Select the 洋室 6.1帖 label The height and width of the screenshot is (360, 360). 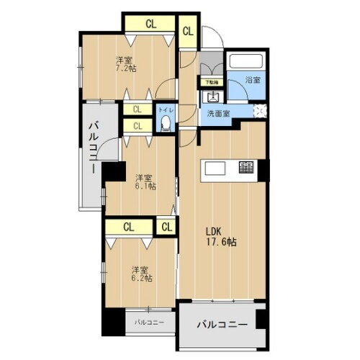pyautogui.click(x=143, y=181)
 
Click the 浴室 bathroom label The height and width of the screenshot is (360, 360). pyautogui.click(x=252, y=80)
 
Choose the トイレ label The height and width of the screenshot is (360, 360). pyautogui.click(x=165, y=110)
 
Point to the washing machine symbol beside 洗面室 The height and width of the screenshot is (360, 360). pyautogui.click(x=258, y=110)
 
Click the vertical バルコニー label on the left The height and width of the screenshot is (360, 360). pyautogui.click(x=94, y=148)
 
